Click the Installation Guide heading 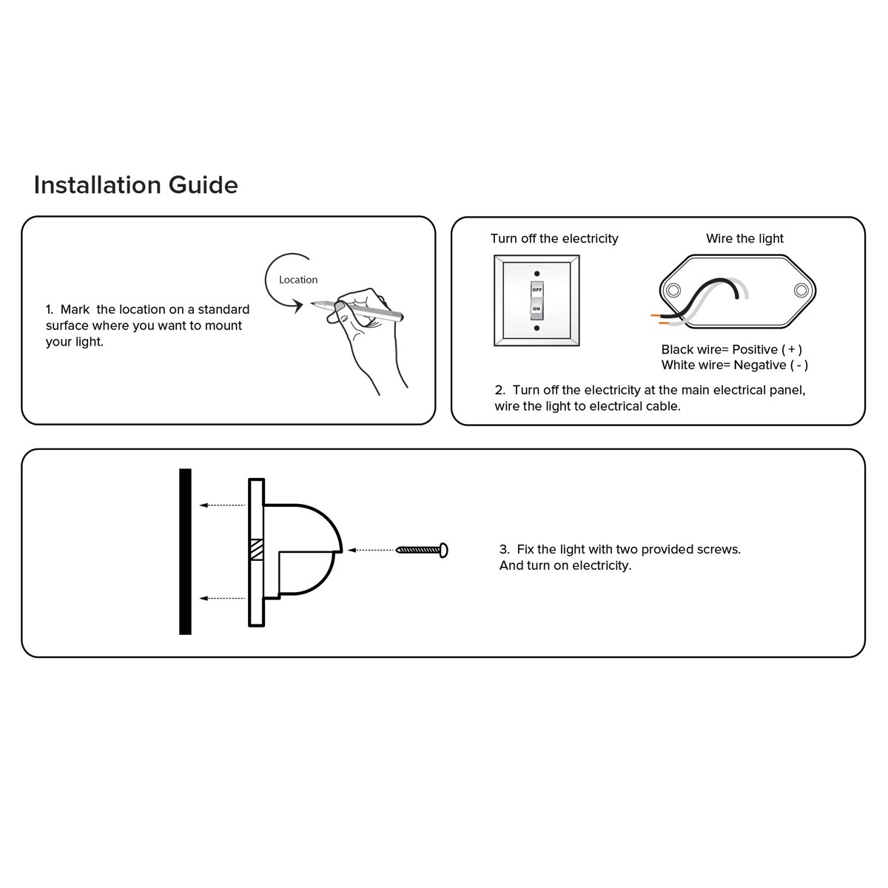136,185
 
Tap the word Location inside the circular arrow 298,280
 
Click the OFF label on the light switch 536,290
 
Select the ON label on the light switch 536,309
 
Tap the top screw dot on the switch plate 536,274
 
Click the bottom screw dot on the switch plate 536,328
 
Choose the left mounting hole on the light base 673,290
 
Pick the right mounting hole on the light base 801,290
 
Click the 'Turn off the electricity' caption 554,239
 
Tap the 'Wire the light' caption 744,239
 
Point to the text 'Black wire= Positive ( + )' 732,349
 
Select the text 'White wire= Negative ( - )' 735,365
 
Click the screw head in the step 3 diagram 444,551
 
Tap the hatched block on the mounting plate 257,549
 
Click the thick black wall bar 185,551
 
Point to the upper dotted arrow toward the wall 223,505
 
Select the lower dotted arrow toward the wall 223,598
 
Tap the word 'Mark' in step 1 75,309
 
